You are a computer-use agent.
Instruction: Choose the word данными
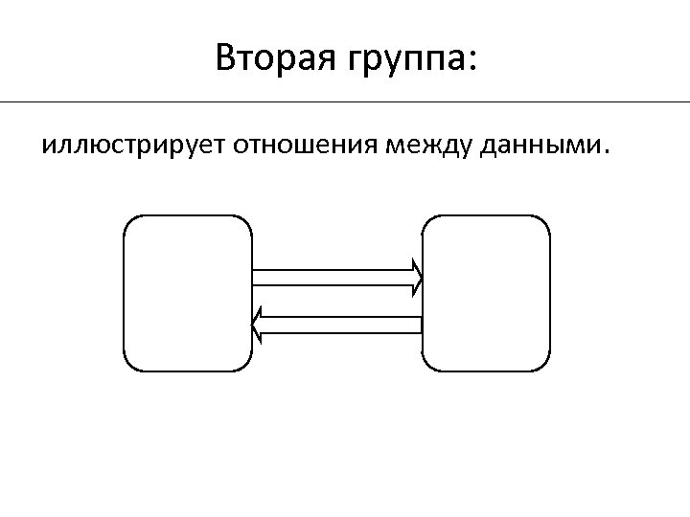tap(541, 147)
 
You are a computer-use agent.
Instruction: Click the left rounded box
tap(188, 293)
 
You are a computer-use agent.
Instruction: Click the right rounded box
tap(487, 293)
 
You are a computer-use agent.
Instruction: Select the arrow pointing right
tap(335, 278)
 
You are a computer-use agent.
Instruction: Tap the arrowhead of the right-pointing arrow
tap(418, 278)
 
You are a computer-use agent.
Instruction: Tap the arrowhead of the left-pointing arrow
tap(257, 326)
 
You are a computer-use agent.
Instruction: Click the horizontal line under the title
tap(345, 101)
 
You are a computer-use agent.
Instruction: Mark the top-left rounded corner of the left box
tap(131, 223)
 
